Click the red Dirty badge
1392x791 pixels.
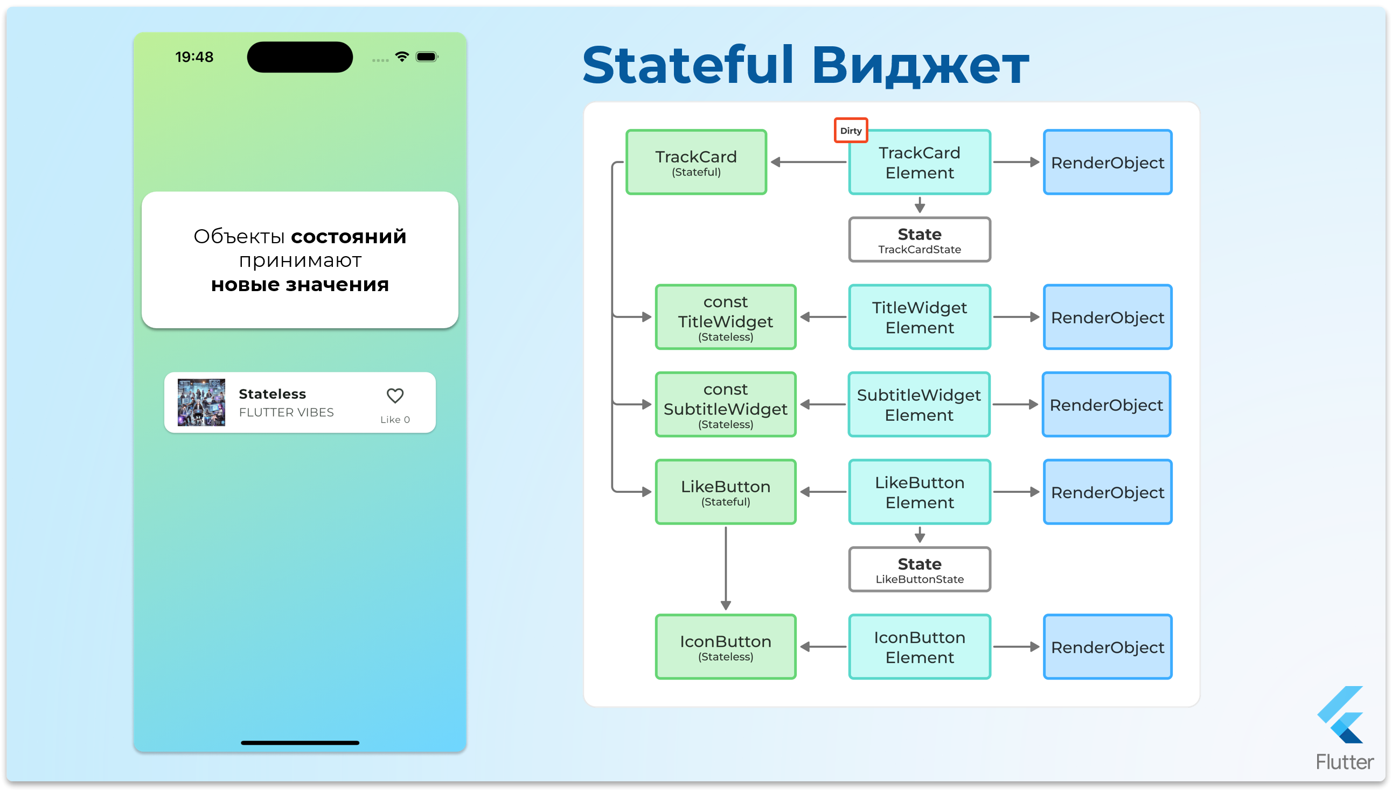[851, 130]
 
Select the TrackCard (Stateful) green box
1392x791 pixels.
[696, 162]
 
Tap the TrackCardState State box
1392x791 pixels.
[919, 239]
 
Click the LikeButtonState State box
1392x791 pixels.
[919, 569]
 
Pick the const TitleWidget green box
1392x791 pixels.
[726, 317]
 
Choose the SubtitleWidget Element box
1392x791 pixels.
[918, 404]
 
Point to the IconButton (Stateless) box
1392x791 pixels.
[726, 646]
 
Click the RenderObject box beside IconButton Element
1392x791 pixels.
[1107, 646]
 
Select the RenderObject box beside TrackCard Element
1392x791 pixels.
[1107, 162]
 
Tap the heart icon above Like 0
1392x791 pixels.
[395, 395]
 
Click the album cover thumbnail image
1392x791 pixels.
[201, 402]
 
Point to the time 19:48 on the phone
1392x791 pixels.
[194, 57]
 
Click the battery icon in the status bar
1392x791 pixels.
[426, 57]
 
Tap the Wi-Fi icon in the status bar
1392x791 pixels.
[402, 56]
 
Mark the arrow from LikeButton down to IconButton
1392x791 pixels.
[726, 568]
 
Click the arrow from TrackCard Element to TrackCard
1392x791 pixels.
[808, 162]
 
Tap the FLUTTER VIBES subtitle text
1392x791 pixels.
[286, 412]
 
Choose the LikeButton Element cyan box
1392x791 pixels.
[919, 492]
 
